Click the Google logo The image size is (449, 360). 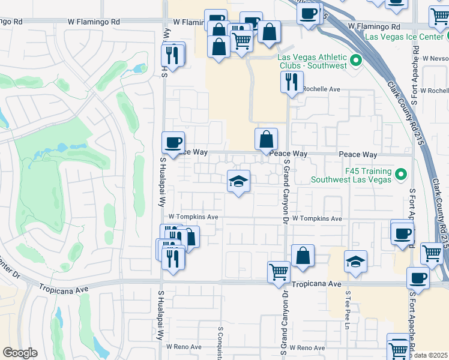20,353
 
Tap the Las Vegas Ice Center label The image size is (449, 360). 406,37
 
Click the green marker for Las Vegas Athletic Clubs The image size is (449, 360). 355,60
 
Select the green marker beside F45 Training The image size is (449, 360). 401,175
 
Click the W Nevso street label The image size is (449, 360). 435,59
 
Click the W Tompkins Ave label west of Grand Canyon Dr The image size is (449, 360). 193,217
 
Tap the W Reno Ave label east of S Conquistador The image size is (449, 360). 307,347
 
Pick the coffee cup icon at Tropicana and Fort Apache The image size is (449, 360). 418,278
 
